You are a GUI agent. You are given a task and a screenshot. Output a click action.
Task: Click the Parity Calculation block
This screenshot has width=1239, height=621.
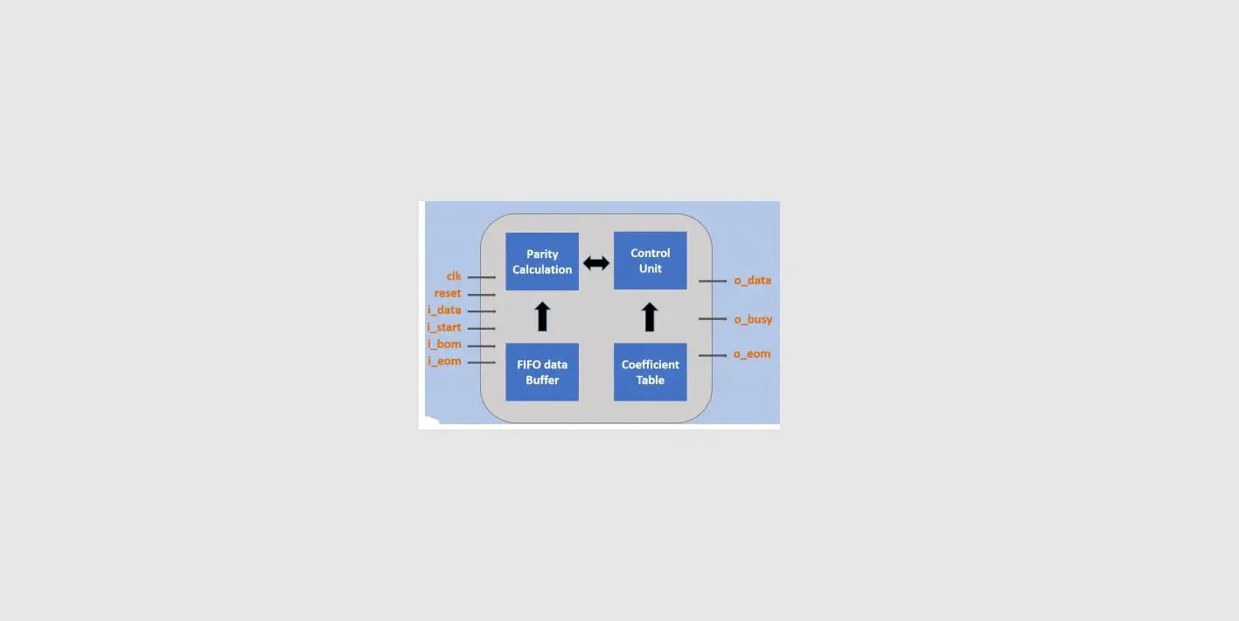(542, 262)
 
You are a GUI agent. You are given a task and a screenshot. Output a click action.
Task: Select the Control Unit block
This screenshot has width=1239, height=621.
(650, 261)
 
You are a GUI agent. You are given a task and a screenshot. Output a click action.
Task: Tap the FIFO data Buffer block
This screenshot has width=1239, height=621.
(542, 372)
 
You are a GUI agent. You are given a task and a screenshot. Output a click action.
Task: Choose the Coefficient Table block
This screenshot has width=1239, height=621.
(650, 372)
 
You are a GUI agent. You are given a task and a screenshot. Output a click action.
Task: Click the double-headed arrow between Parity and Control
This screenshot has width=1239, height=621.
(596, 262)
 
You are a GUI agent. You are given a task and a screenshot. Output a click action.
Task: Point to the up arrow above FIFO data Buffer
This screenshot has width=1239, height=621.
(542, 316)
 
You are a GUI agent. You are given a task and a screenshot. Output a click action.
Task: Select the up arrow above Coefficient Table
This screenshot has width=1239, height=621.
(650, 316)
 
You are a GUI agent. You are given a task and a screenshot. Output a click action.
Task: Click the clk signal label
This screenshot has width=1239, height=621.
(454, 276)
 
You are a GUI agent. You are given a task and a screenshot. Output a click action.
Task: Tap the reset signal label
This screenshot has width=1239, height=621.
(448, 293)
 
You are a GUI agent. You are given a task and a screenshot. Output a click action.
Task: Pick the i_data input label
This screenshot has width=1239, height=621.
(444, 310)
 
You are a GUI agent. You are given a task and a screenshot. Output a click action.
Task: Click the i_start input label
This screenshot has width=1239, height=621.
(444, 327)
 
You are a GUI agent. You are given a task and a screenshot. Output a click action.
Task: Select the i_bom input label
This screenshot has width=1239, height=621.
(444, 344)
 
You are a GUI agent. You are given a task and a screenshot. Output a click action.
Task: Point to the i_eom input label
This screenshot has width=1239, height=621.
(444, 361)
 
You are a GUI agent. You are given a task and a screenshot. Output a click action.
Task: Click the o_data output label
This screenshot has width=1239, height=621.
(752, 281)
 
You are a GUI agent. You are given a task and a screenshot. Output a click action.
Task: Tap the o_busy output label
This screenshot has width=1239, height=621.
(753, 319)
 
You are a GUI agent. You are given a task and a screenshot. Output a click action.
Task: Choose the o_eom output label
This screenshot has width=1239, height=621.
(752, 354)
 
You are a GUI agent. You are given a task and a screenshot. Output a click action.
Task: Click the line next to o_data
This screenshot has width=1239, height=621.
(713, 282)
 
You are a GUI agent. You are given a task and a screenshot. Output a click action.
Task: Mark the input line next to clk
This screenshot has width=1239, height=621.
(482, 277)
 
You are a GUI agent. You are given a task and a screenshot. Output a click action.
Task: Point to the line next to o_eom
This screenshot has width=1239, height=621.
(713, 355)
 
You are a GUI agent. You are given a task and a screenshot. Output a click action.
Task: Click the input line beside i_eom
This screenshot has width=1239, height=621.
(482, 362)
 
